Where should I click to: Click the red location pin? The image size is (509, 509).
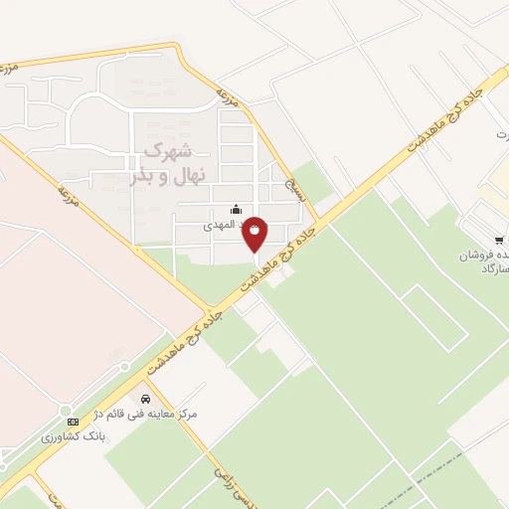[255, 232]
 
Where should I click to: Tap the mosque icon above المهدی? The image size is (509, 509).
[236, 209]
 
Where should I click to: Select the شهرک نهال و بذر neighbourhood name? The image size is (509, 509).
[165, 163]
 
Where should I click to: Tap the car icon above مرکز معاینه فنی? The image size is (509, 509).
[146, 399]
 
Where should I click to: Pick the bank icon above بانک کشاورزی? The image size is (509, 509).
[71, 423]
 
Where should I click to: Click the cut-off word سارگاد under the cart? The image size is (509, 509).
[495, 269]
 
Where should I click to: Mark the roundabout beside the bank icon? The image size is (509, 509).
[66, 411]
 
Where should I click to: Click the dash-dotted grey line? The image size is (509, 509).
[437, 467]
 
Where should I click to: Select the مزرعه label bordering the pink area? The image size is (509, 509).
[66, 185]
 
